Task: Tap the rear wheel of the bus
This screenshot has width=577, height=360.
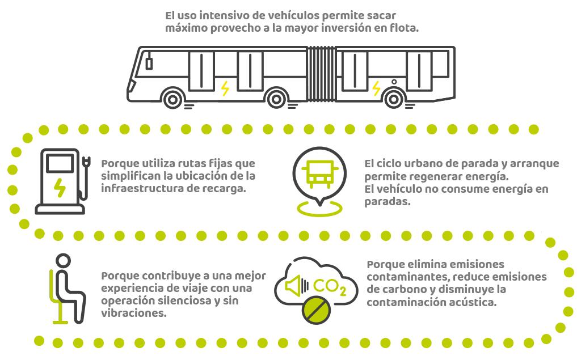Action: click(393, 99)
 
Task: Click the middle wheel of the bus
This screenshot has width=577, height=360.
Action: click(276, 99)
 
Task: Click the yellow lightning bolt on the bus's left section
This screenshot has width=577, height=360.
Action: click(225, 88)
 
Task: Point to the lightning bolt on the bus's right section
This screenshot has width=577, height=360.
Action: click(376, 88)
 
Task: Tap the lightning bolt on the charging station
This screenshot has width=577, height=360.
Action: click(59, 188)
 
